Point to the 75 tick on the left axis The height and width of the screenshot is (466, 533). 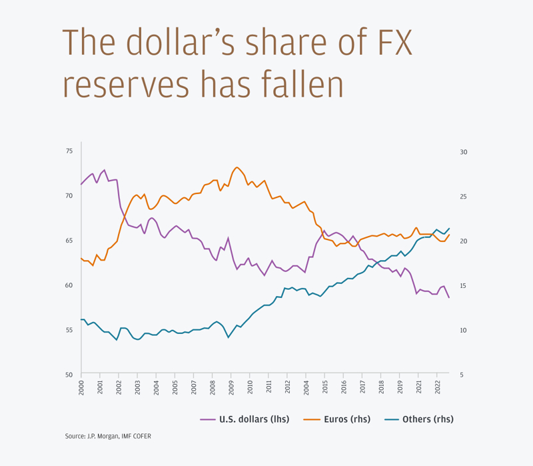[69, 152]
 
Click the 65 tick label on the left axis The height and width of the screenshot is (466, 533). [69, 241]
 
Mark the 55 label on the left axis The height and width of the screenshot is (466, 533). [69, 330]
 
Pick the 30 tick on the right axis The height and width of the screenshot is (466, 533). [464, 152]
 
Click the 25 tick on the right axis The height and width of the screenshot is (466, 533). [464, 197]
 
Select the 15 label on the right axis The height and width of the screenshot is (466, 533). [464, 286]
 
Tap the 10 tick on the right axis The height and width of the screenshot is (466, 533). [464, 330]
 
